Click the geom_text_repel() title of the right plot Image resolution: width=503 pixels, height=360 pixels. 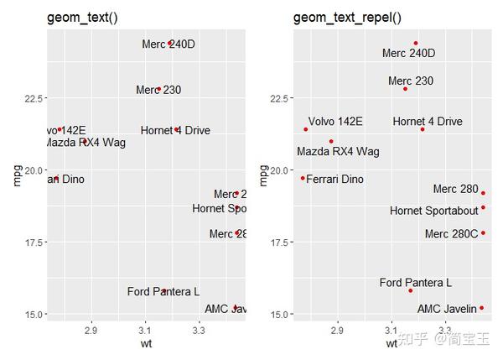[348, 18]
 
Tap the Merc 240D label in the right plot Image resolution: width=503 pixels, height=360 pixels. [408, 54]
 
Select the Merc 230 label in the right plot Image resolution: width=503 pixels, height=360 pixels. [411, 81]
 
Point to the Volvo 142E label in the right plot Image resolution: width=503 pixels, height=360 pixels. [335, 122]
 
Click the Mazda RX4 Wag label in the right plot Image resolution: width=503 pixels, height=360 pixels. [338, 152]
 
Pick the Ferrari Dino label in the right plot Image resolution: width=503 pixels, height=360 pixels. [334, 180]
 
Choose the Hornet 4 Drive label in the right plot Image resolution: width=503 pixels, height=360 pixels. [428, 122]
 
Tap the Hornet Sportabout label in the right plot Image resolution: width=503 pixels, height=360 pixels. [434, 210]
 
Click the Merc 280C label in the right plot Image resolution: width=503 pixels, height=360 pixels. [451, 234]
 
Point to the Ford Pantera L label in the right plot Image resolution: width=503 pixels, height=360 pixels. [415, 283]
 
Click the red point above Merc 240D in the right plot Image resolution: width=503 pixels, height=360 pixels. [415, 43]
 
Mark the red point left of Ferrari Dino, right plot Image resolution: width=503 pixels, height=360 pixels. [303, 178]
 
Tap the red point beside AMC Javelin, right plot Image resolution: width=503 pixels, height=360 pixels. [482, 308]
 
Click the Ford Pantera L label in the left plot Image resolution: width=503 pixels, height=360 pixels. [163, 292]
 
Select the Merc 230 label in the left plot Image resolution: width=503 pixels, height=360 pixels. [158, 90]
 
